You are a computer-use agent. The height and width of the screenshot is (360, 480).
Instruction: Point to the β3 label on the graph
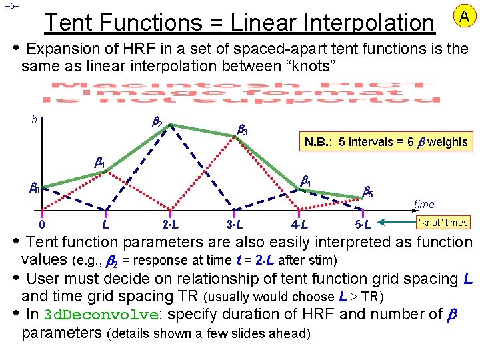tap(243, 131)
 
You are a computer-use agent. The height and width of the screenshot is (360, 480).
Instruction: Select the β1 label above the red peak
tap(99, 163)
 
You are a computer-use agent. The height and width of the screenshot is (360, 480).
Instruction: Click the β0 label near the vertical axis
tap(33, 189)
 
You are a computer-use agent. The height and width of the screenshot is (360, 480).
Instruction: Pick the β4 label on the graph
tap(305, 180)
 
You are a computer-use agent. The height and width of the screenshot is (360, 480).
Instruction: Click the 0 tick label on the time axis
tap(42, 224)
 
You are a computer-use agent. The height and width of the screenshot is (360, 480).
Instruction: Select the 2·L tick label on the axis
tap(170, 224)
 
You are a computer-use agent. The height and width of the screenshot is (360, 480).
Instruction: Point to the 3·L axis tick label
tap(235, 224)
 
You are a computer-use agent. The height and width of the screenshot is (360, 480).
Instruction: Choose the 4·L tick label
tap(299, 224)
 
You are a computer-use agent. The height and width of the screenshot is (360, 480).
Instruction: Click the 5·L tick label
tap(363, 224)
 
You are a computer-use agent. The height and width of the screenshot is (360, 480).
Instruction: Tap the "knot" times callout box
tap(443, 223)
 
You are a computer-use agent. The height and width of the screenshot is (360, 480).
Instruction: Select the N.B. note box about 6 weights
tap(386, 141)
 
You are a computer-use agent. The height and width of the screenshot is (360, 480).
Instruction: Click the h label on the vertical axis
tap(35, 120)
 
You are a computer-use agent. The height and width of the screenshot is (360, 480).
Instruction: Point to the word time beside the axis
tap(424, 205)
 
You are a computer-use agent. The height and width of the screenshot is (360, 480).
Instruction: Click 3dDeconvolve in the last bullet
tap(101, 315)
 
